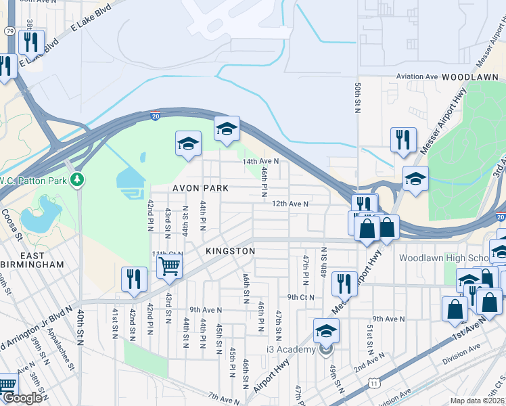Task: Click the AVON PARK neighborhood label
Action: [200, 187]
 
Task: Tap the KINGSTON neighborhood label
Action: [231, 251]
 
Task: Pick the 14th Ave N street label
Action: [260, 162]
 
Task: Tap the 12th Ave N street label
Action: [290, 204]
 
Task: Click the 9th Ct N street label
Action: [302, 297]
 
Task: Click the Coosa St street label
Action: [11, 221]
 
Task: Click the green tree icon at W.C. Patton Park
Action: [79, 179]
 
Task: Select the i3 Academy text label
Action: [291, 349]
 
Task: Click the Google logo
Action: [23, 398]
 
